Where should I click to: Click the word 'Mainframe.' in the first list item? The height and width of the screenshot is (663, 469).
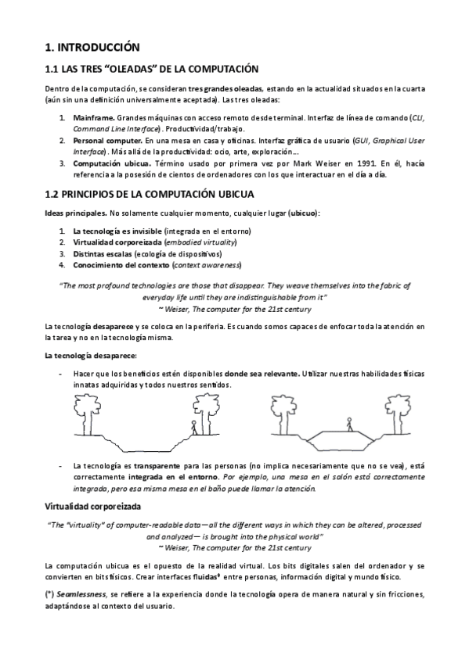click(96, 118)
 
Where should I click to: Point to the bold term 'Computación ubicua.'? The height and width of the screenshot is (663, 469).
click(111, 163)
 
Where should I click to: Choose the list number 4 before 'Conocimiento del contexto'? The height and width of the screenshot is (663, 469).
click(62, 264)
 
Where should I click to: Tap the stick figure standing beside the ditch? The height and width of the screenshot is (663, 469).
click(194, 428)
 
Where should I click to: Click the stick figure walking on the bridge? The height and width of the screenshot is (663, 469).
click(348, 425)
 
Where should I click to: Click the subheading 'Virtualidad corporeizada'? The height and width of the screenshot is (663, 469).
click(97, 507)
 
